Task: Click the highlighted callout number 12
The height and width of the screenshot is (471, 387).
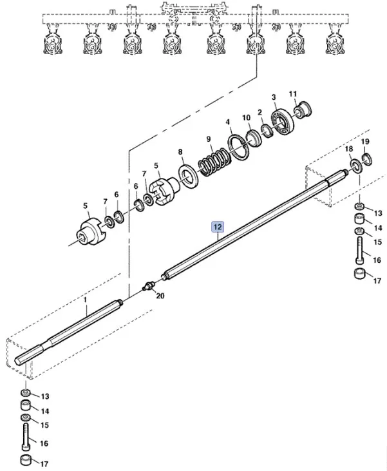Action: pos(218,226)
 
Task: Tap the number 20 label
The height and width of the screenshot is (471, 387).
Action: pos(160,296)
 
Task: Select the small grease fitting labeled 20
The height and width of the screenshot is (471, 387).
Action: pos(149,284)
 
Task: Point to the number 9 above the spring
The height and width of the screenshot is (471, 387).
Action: pos(208,139)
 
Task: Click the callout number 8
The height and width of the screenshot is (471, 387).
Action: pos(180,153)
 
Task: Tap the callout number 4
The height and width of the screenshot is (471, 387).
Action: pos(227,122)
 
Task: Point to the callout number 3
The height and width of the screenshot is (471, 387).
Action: pos(274,97)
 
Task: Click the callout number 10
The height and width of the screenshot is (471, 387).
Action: pos(246,117)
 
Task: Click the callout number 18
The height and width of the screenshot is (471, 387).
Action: pos(348,149)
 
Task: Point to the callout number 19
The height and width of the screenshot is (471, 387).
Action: pos(364,142)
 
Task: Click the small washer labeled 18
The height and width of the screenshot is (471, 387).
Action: pos(355,169)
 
